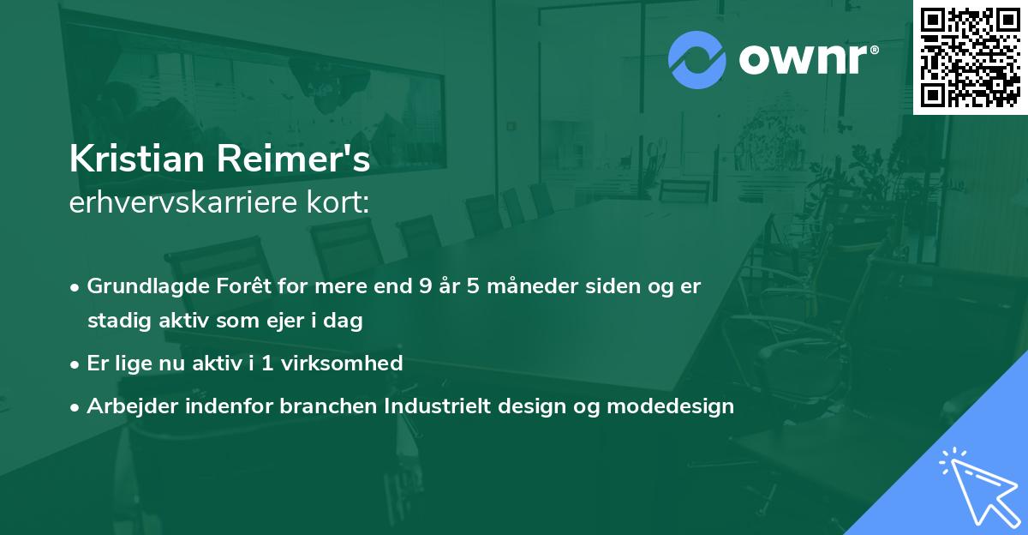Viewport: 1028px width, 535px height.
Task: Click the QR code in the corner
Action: click(x=971, y=57)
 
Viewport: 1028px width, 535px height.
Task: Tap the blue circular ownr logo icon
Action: click(x=696, y=59)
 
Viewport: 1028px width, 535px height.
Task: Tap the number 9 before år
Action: click(x=425, y=286)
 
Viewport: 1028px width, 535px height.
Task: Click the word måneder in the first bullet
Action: click(x=538, y=286)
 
